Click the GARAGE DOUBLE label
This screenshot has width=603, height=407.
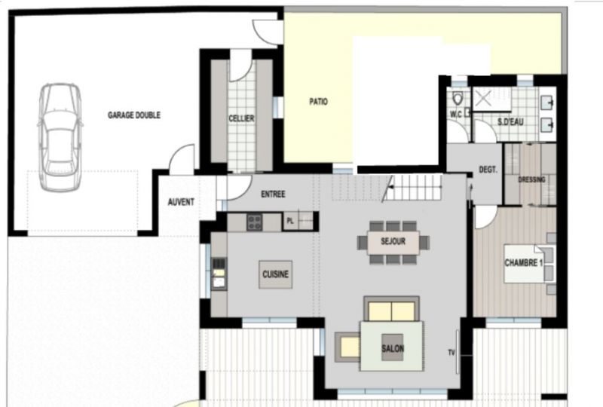point(134,115)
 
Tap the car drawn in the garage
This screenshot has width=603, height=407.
point(60,137)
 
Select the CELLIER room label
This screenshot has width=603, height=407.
point(241,118)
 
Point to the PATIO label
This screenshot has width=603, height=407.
point(318,102)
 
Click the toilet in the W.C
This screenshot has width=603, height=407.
point(458,99)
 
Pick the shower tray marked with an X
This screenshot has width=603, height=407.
point(483,99)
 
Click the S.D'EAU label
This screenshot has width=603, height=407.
point(510,122)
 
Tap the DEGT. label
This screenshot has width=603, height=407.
point(488,170)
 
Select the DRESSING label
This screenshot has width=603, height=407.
point(532,179)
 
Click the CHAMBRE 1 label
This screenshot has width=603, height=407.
point(523,263)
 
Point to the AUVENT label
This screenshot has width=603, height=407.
point(181,202)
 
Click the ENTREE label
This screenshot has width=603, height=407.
point(273,194)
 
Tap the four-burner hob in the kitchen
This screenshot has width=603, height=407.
point(254,222)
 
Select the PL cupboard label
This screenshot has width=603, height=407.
point(290,221)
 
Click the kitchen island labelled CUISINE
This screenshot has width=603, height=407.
point(275,274)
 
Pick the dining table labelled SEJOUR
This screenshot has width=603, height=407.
point(393,242)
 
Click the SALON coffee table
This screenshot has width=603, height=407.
point(392,347)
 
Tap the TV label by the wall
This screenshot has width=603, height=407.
point(451,352)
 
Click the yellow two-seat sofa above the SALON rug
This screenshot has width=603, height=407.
point(391,309)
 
